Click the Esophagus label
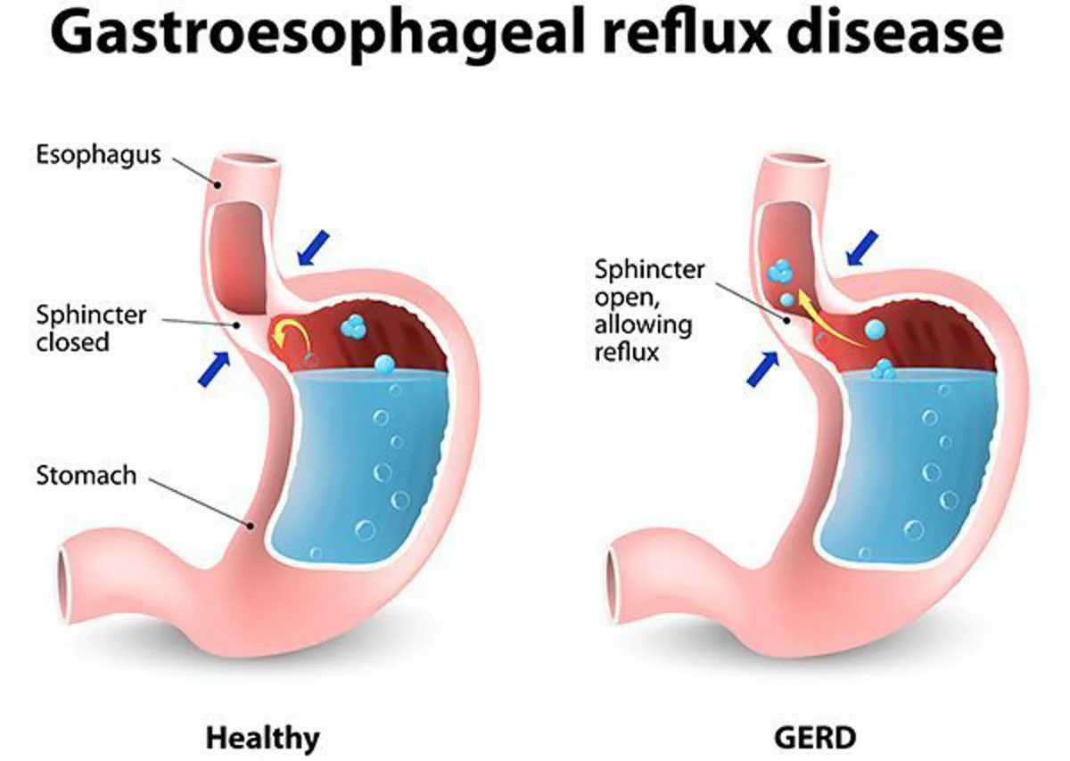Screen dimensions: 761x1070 (x=98, y=155)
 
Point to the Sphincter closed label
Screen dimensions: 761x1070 (x=91, y=328)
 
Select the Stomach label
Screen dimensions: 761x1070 (x=86, y=475)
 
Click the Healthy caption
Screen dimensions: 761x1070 (x=262, y=738)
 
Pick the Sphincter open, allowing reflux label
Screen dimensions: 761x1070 (x=649, y=310)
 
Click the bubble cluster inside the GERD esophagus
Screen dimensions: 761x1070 (x=782, y=270)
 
